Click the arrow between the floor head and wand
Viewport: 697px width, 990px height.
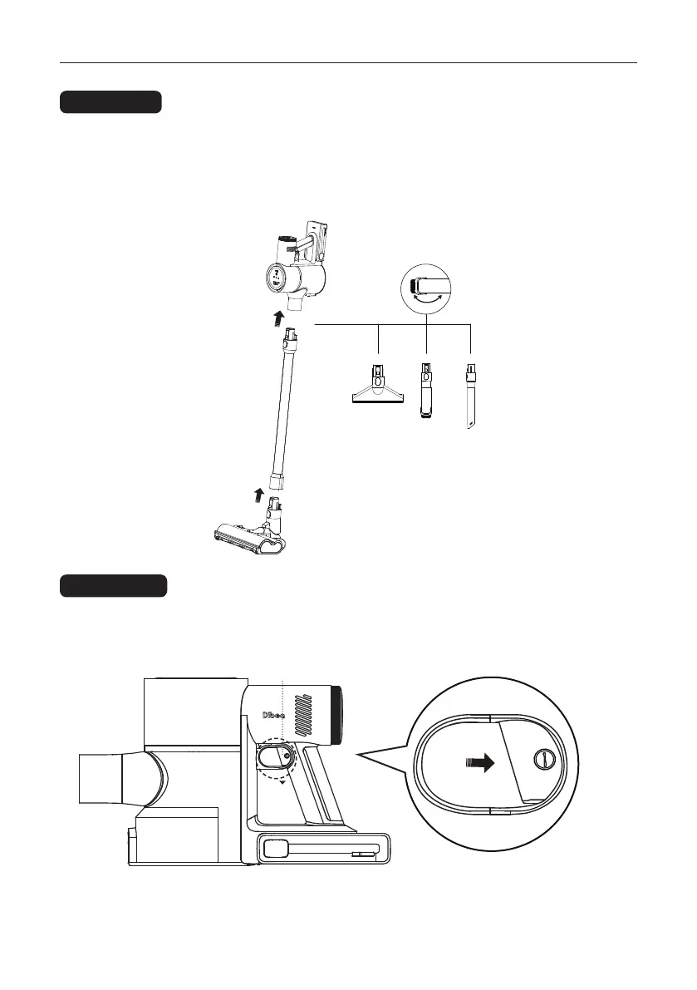coord(259,496)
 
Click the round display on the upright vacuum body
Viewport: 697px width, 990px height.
coord(277,278)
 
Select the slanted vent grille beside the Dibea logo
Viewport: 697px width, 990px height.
coord(307,715)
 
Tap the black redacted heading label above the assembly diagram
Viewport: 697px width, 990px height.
coord(110,103)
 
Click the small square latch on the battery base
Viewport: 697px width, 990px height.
coord(275,850)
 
